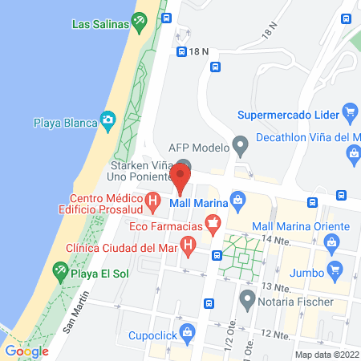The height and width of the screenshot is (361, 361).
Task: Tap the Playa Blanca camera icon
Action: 107,122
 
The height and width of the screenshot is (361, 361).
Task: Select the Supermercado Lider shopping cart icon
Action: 348,111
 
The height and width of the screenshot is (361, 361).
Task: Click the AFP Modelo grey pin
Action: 238,147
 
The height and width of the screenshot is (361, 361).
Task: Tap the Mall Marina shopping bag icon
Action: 237,199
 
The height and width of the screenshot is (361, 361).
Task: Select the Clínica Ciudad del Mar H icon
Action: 188,244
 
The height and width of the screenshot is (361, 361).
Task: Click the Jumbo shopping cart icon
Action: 335,267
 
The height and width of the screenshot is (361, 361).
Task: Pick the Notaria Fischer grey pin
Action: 247,304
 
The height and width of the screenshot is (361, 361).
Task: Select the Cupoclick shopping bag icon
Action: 188,331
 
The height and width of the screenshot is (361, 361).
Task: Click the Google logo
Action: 26,351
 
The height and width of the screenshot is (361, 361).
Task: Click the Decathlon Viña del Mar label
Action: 306,136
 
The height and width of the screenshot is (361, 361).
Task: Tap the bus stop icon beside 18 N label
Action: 181,51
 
